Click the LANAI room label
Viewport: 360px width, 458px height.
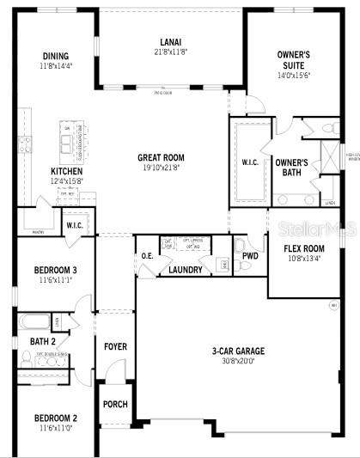pos(169,41)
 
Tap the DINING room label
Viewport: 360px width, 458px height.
pos(56,57)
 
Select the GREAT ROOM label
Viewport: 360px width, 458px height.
pos(162,157)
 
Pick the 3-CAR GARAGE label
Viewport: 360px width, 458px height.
pos(238,351)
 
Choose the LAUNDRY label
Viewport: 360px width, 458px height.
pos(186,269)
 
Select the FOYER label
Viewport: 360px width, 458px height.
pos(115,346)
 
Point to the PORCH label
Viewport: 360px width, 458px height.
pos(115,404)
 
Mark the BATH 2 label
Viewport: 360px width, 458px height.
pos(42,341)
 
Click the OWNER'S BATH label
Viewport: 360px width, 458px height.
pos(292,167)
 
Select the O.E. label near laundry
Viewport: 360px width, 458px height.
pos(148,256)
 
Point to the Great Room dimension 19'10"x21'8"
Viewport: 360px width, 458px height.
pos(161,168)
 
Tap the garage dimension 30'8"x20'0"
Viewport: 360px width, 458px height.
pos(238,361)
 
